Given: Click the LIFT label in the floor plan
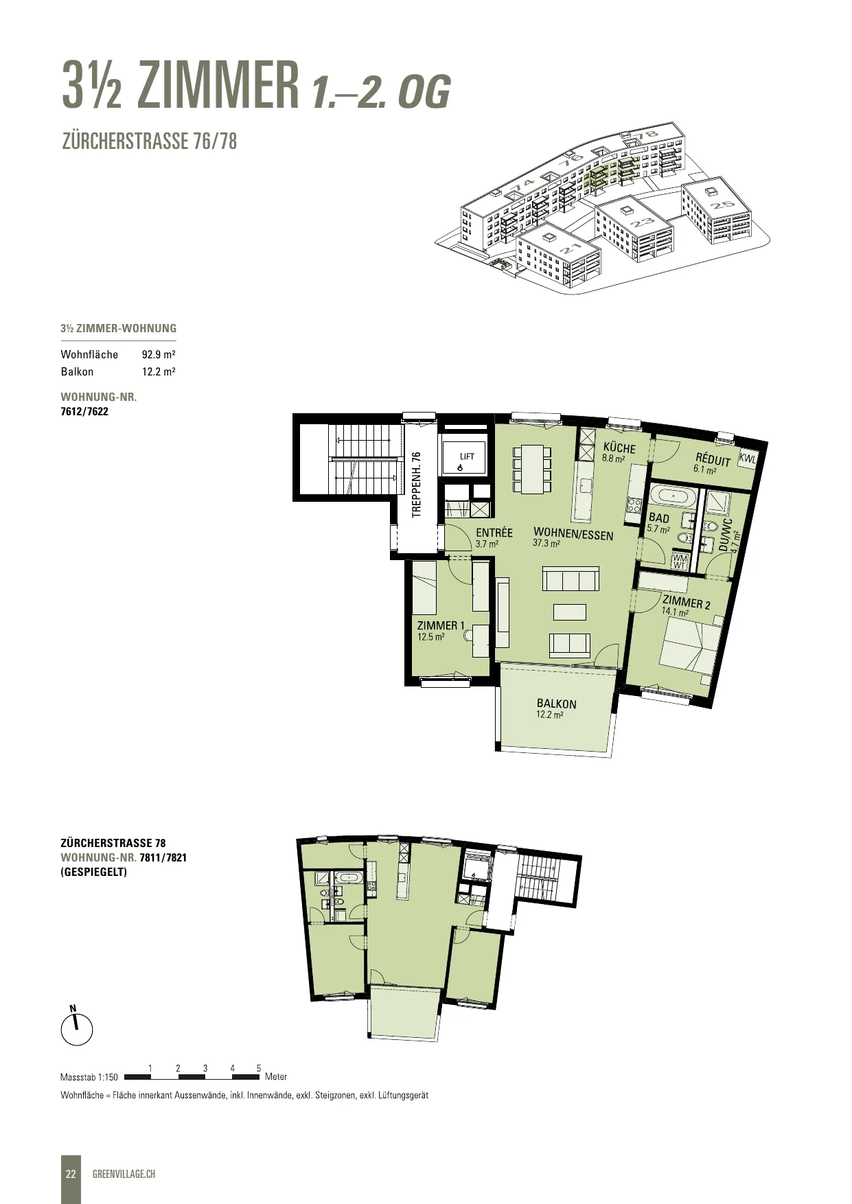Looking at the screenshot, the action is tap(467, 456).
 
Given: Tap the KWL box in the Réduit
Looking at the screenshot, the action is tap(746, 459).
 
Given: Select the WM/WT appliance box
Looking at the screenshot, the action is tap(680, 562).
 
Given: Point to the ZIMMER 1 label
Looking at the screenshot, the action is tap(441, 625).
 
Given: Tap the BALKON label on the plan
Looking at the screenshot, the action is tap(557, 704).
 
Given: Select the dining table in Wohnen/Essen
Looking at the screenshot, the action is tap(532, 469).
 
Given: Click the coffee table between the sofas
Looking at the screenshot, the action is tap(570, 612).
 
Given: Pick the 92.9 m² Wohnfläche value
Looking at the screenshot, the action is tap(159, 354).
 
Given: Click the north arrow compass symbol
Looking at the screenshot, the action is tap(76, 1028).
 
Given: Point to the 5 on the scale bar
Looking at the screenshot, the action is tap(259, 1068).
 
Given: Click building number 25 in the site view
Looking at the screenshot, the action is tap(722, 205).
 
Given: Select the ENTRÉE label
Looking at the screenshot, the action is tap(494, 533).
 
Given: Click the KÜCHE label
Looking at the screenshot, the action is tap(619, 448).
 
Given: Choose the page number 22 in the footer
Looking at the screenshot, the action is tap(71, 1174).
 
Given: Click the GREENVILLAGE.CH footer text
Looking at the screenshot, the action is tap(124, 1174).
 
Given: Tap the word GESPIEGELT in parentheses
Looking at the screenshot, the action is tap(93, 872).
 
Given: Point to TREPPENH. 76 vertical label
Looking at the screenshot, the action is tap(416, 485).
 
